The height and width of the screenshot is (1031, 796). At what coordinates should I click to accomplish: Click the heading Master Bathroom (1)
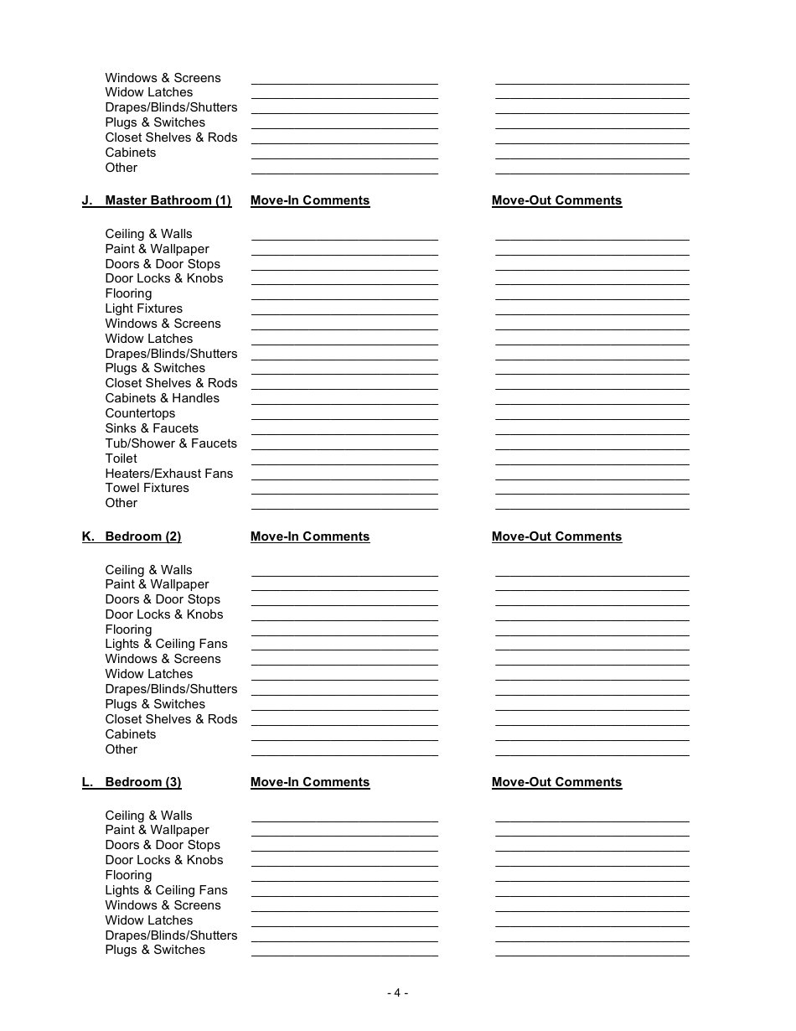(x=168, y=200)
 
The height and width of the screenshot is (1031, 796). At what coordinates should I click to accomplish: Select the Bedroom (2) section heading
(x=142, y=536)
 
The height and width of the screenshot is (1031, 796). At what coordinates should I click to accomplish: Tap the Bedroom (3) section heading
(x=142, y=782)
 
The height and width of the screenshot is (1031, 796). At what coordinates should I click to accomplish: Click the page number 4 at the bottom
(x=397, y=993)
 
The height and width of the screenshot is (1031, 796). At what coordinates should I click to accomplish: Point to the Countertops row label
(x=140, y=413)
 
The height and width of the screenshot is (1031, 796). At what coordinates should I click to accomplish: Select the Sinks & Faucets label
(x=152, y=428)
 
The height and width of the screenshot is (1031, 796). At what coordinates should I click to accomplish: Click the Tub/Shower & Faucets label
(x=171, y=443)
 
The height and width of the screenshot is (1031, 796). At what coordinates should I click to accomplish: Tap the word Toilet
(x=121, y=459)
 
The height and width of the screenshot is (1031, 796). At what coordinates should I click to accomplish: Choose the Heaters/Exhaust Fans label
(x=168, y=474)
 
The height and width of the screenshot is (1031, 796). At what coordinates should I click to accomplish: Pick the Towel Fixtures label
(x=147, y=488)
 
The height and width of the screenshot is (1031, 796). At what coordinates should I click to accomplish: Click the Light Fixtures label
(x=143, y=308)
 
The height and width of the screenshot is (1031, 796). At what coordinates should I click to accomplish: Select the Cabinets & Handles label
(x=162, y=398)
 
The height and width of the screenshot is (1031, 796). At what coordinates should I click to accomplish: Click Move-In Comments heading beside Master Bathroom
(x=310, y=200)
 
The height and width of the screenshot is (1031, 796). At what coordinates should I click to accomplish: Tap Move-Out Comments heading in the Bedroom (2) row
(x=556, y=536)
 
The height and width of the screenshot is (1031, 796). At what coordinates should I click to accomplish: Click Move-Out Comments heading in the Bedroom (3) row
(x=556, y=782)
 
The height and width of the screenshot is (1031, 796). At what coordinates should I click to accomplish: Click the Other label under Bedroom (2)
(x=121, y=749)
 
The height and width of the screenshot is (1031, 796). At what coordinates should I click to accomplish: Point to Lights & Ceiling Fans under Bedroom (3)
(x=166, y=890)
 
